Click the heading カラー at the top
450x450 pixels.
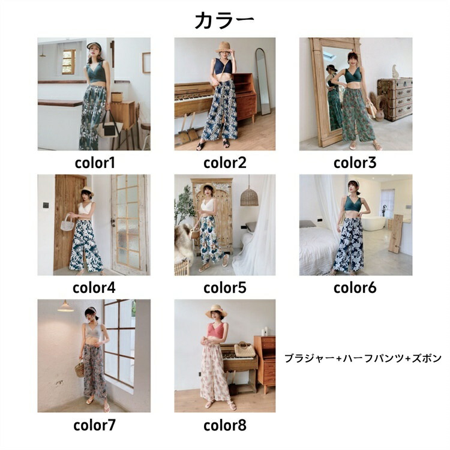(x=224, y=20)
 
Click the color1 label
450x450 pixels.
(x=95, y=163)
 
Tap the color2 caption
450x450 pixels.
(x=225, y=163)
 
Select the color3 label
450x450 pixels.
(x=355, y=163)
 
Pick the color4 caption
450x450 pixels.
(x=94, y=288)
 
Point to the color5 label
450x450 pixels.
(x=225, y=288)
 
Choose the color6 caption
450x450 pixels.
(x=355, y=288)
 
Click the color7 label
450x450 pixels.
(x=94, y=425)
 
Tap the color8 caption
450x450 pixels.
(x=225, y=425)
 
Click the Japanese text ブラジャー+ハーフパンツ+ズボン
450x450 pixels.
(x=363, y=358)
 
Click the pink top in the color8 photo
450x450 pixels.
(x=217, y=331)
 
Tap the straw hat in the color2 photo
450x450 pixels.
(x=224, y=47)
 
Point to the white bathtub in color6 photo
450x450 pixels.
(x=374, y=223)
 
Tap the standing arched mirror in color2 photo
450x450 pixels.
(x=263, y=82)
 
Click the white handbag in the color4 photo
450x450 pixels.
(x=67, y=223)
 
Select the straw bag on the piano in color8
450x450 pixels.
(x=245, y=349)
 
